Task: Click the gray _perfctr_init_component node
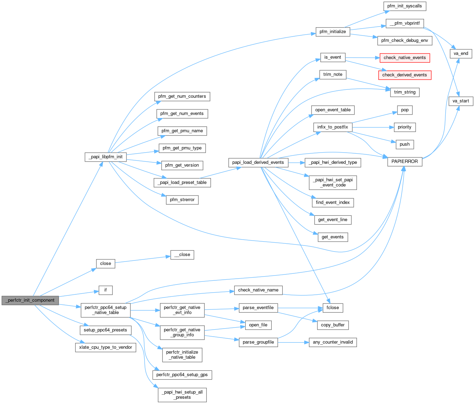[30, 300]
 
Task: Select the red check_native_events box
[404, 58]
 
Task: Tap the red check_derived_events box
[404, 75]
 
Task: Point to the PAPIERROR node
[404, 162]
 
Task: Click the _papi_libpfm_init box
[105, 157]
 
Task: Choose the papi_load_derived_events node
[258, 162]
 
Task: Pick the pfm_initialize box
[332, 32]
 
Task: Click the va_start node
[461, 101]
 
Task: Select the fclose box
[333, 308]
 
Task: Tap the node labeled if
[105, 290]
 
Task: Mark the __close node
[182, 255]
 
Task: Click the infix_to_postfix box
[332, 127]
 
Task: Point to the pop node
[405, 110]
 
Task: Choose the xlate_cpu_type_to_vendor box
[105, 347]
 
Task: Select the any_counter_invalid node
[333, 342]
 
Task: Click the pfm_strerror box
[182, 200]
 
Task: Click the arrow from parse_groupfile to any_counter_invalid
[293, 342]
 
